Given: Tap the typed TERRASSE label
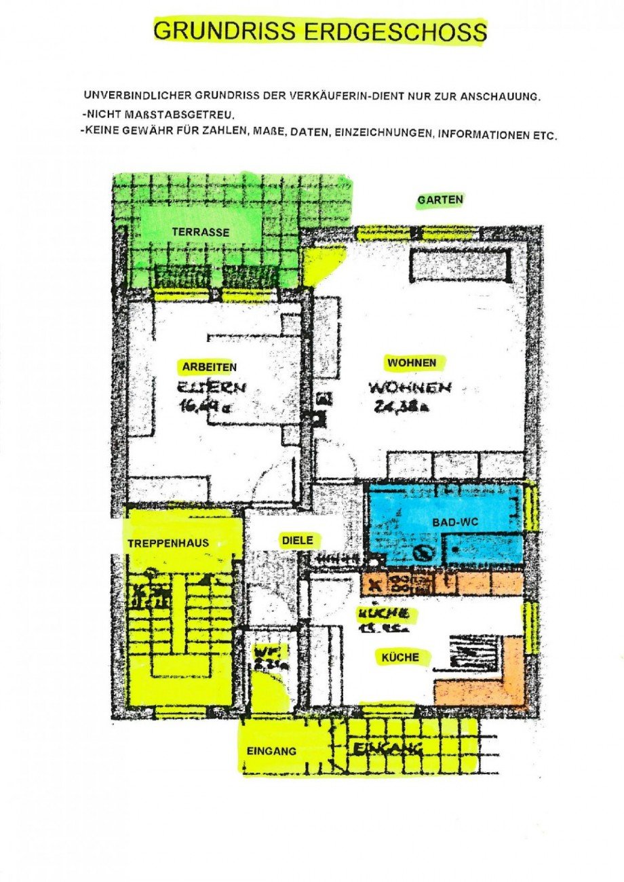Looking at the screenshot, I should coord(200,232).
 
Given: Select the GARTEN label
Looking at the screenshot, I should coord(440,199).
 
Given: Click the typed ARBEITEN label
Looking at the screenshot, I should coord(209,367).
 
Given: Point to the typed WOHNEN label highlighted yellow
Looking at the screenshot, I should coord(412,363).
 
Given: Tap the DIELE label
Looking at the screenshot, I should coord(297,540).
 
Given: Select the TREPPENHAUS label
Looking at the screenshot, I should coord(168,543).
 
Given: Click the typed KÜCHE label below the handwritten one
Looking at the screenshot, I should coord(400,657).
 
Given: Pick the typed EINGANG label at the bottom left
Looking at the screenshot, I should coord(271,751).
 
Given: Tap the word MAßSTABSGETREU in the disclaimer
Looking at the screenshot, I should coord(161,115).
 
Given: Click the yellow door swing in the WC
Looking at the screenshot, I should coord(269,692).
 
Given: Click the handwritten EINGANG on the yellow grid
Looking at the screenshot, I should coord(387,749).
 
